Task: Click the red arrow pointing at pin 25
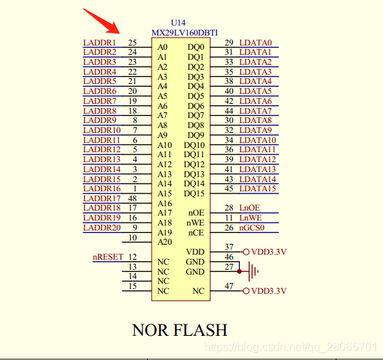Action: pos(103,21)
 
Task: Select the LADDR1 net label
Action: pos(99,43)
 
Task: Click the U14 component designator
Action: pos(178,23)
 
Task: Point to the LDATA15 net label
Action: pos(258,189)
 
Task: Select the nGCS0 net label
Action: pos(252,228)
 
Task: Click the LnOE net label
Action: pos(249,208)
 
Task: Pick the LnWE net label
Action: pos(250,218)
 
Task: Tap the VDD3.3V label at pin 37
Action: pos(268,252)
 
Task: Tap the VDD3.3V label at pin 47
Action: pos(268,291)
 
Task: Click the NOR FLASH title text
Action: pos(179,330)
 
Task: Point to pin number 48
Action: pos(132,198)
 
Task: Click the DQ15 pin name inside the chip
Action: pos(194,194)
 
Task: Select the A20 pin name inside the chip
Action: pos(164,242)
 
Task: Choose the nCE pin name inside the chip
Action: pos(196,233)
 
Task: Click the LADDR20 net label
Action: pos(102,228)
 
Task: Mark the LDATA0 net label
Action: pos(255,43)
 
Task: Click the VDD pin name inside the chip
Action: pos(195,252)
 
